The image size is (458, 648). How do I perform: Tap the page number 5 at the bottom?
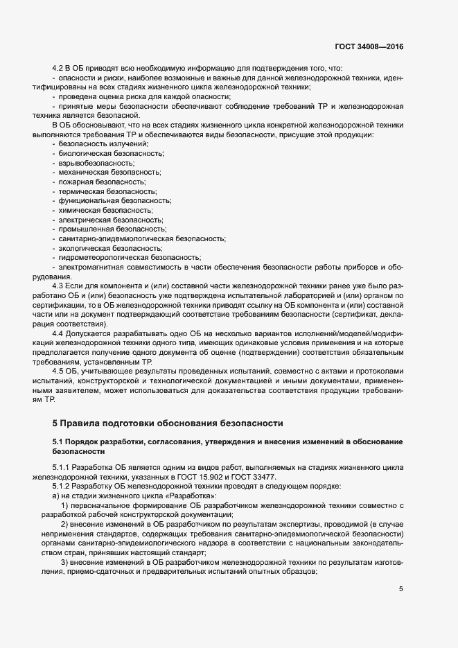click(x=400, y=589)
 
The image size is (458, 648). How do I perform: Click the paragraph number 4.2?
click(x=58, y=67)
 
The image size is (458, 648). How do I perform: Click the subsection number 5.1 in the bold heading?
click(x=59, y=441)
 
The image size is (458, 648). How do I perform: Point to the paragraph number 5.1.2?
click(x=63, y=487)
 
